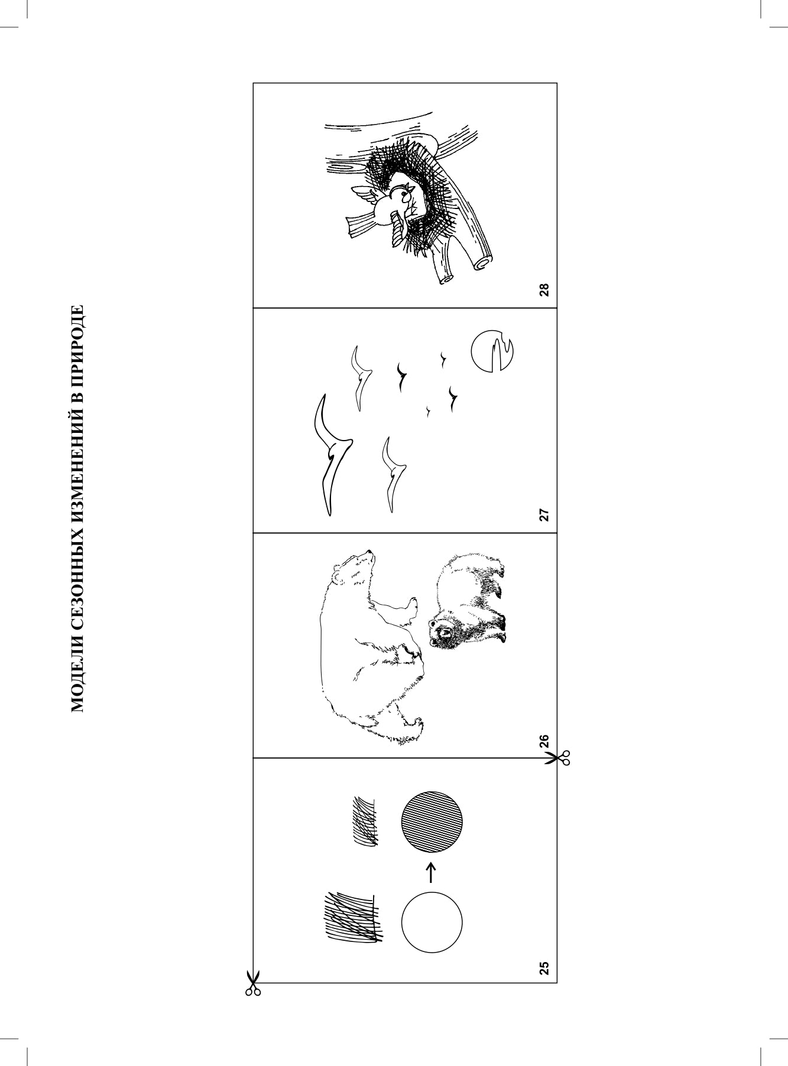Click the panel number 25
click(x=544, y=967)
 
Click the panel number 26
click(x=544, y=741)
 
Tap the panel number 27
click(x=544, y=515)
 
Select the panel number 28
click(x=544, y=290)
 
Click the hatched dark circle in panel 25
click(x=432, y=821)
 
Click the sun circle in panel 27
click(x=492, y=352)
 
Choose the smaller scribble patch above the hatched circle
click(x=365, y=821)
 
